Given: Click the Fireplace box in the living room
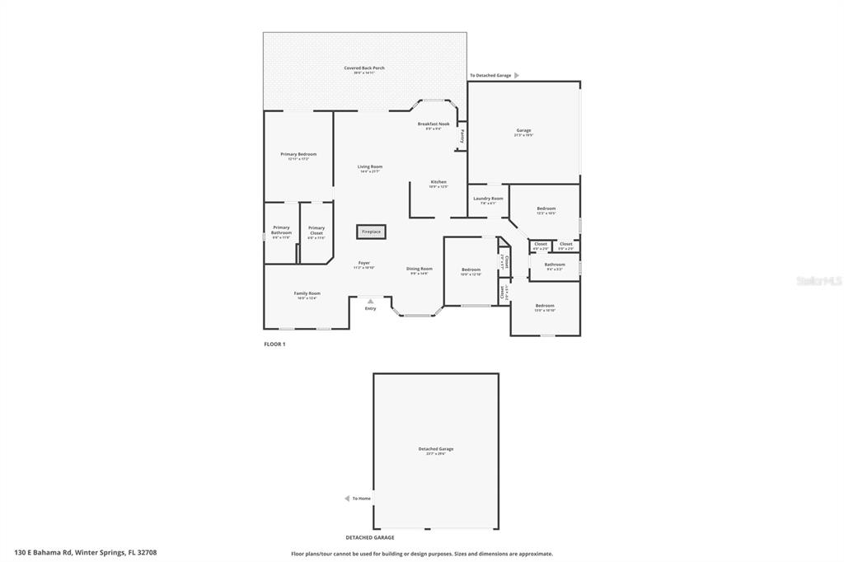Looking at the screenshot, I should [x=371, y=232].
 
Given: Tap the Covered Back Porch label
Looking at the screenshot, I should [x=364, y=68].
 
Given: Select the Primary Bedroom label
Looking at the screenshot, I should [x=298, y=154].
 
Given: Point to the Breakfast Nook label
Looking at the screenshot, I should [x=433, y=124].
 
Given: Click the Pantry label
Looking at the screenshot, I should [x=462, y=137].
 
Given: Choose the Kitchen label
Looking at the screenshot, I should [x=438, y=182].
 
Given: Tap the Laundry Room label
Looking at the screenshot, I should [x=488, y=199].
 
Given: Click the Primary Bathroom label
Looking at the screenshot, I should [x=281, y=230].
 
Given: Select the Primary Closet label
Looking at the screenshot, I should [x=316, y=230].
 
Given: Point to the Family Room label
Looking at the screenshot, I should [x=307, y=293].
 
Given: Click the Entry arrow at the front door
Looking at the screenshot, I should [x=370, y=301].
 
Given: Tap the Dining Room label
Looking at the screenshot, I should [x=419, y=269].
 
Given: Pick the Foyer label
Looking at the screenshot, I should [x=363, y=263].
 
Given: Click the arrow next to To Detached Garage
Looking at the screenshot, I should [x=517, y=75].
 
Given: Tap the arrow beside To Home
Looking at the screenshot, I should [x=347, y=499].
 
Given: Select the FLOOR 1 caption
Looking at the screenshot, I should [x=274, y=344].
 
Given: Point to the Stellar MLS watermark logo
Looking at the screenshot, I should [x=818, y=281].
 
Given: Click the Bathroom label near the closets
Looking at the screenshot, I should [x=555, y=265].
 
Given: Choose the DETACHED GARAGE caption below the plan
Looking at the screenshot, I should [x=369, y=537].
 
